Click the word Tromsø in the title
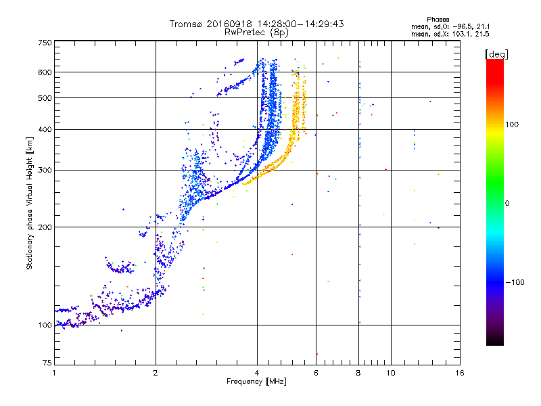[187, 24]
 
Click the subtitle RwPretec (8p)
[256, 32]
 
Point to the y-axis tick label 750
[45, 43]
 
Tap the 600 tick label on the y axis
[45, 72]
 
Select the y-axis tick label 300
[45, 170]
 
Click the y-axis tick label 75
[47, 363]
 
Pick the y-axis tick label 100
[45, 325]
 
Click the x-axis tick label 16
[460, 373]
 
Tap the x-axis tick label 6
[316, 373]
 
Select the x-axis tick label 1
[54, 373]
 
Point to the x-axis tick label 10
[391, 373]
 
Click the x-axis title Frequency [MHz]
[256, 382]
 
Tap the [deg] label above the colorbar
[496, 54]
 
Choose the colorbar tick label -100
[515, 282]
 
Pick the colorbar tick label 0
[507, 203]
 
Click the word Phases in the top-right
[438, 20]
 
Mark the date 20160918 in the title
[229, 24]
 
